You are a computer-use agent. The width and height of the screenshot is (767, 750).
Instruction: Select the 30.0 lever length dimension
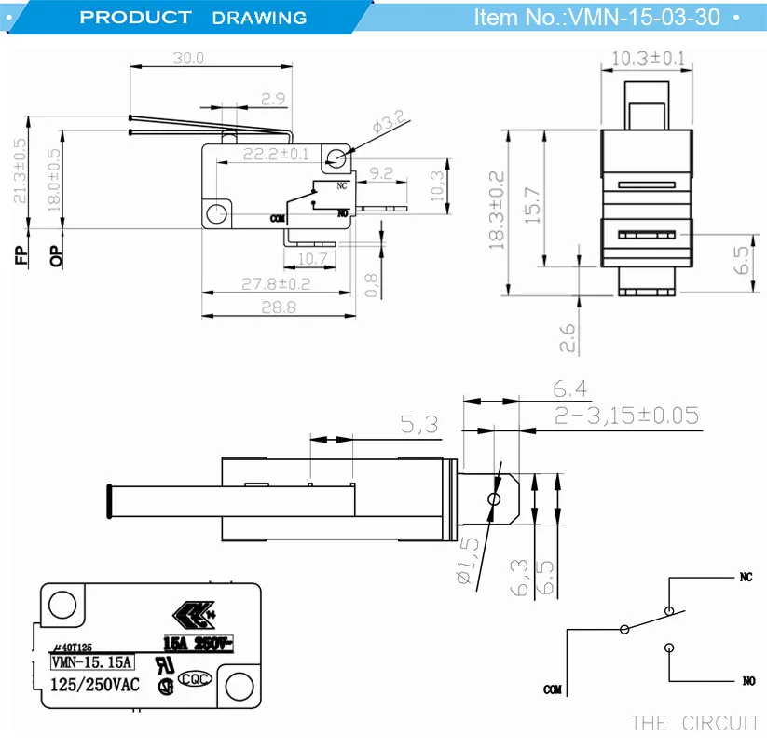pos(186,58)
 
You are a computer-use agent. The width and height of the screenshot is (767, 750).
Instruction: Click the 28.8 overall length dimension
pos(278,306)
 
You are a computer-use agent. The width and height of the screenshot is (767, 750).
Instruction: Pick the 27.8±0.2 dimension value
pos(275,283)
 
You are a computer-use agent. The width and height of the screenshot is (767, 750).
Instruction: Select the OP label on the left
pos(57,255)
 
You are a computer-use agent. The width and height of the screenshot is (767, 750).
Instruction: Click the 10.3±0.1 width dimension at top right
pos(648,59)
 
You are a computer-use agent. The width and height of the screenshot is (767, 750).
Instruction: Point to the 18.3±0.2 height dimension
pos(497,210)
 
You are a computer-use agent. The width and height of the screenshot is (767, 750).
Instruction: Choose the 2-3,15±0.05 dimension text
pos(624,415)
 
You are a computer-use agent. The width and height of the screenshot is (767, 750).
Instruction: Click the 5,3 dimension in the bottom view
pos(420,425)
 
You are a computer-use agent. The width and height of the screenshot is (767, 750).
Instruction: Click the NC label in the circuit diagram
pos(745,578)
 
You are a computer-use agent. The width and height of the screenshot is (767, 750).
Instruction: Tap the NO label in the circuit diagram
pos(748,681)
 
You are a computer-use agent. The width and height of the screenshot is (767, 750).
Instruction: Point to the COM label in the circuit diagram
pos(554,690)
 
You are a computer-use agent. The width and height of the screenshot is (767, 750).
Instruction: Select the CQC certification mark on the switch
pos(194,680)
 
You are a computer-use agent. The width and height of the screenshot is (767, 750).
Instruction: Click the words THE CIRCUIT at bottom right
pos(694,723)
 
